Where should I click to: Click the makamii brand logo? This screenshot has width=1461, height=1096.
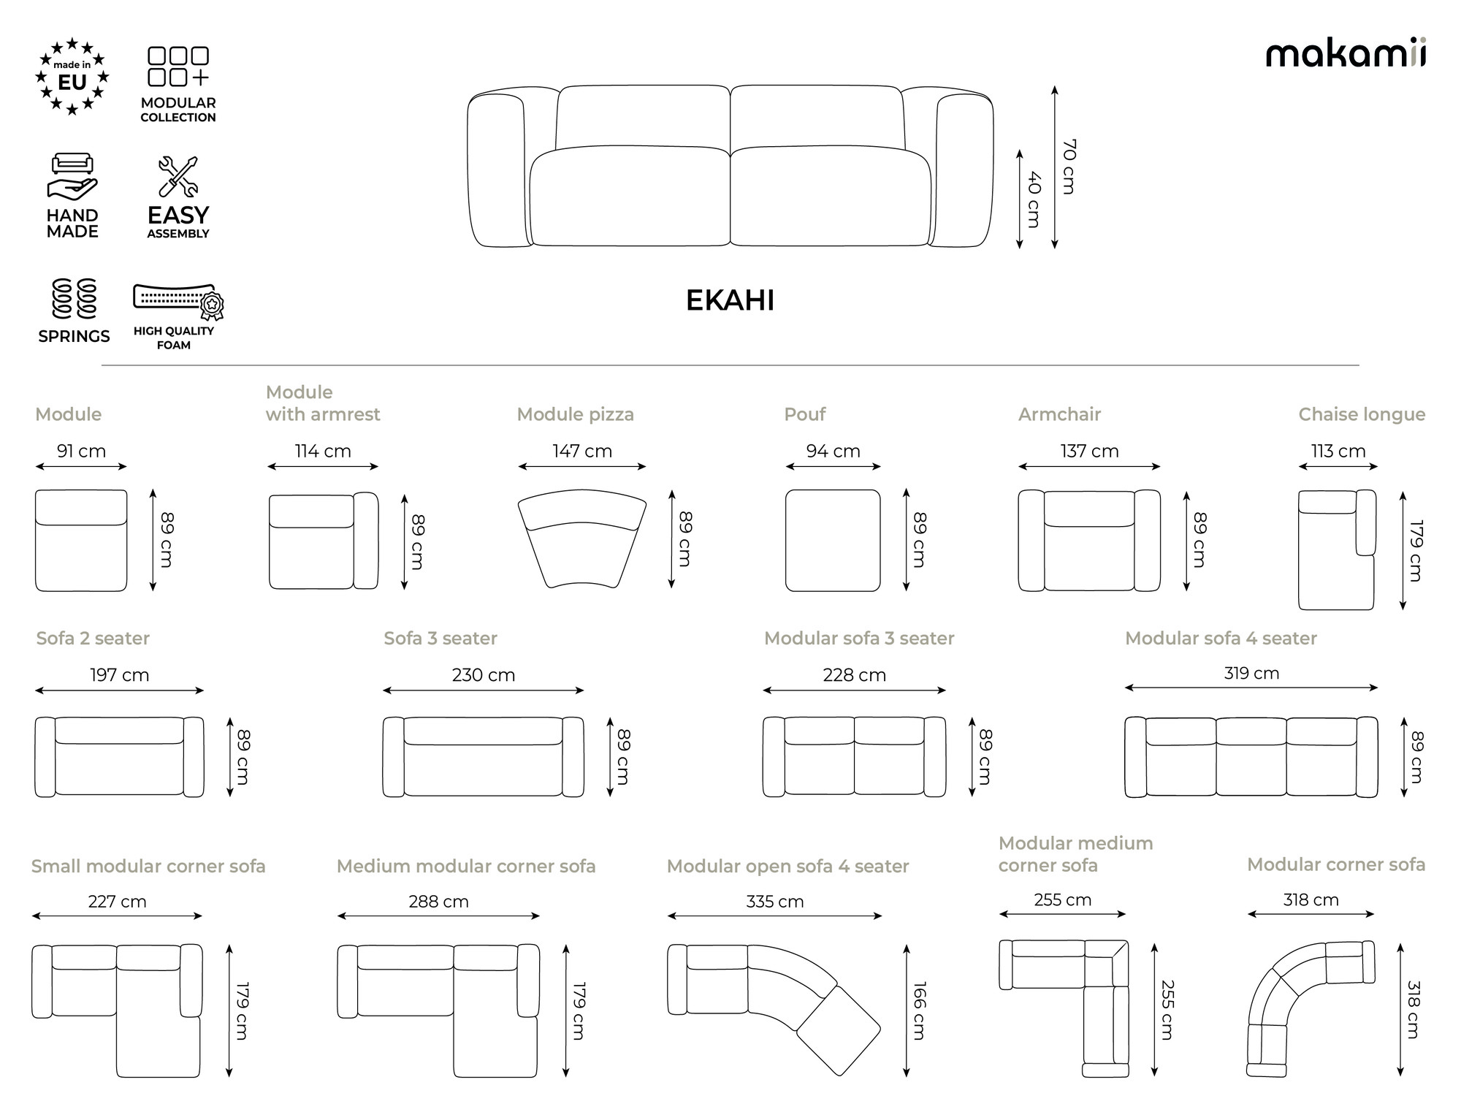pyautogui.click(x=1346, y=53)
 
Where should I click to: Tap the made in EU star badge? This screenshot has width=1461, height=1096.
pyautogui.click(x=72, y=77)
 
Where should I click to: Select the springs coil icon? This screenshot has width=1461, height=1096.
pyautogui.click(x=75, y=298)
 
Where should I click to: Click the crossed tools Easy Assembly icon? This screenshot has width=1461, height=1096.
pyautogui.click(x=178, y=177)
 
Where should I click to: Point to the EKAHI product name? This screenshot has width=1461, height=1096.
pyautogui.click(x=730, y=300)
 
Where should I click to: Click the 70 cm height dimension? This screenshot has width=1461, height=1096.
pyautogui.click(x=1069, y=167)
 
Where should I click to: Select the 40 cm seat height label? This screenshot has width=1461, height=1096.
pyautogui.click(x=1034, y=199)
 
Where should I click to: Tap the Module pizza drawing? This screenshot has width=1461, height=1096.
pyautogui.click(x=582, y=539)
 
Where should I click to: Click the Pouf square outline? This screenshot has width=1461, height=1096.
pyautogui.click(x=833, y=540)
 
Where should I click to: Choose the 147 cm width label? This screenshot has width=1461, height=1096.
pyautogui.click(x=582, y=451)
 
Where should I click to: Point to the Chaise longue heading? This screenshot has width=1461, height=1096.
pyautogui.click(x=1362, y=414)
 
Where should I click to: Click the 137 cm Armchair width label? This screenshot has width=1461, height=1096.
pyautogui.click(x=1089, y=451)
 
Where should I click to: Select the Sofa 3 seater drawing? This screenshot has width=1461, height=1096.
pyautogui.click(x=484, y=757)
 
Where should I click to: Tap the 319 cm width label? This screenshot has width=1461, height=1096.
pyautogui.click(x=1251, y=673)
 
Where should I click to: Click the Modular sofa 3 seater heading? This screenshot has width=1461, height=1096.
pyautogui.click(x=859, y=638)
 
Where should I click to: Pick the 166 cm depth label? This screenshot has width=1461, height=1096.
pyautogui.click(x=920, y=1011)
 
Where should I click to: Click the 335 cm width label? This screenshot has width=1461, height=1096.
pyautogui.click(x=774, y=902)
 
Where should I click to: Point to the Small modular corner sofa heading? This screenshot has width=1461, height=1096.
pyautogui.click(x=148, y=866)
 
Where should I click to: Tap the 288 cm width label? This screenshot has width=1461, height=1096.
pyautogui.click(x=438, y=902)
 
